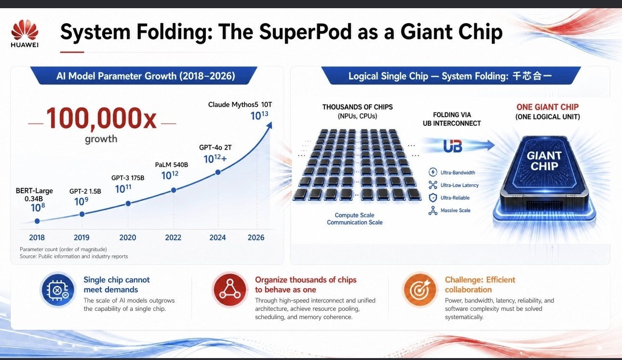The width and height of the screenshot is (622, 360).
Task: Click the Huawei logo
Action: click(25, 33)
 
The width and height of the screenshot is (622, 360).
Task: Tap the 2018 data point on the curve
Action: click(37, 221)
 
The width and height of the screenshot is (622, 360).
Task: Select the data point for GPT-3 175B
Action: click(128, 203)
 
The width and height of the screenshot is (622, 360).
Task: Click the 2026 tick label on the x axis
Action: click(256, 237)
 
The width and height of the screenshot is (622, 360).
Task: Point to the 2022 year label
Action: click(173, 237)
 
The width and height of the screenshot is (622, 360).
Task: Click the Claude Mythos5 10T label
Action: click(240, 105)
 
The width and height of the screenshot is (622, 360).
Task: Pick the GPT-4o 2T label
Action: click(215, 147)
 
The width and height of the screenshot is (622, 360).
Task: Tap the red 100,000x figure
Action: click(101, 119)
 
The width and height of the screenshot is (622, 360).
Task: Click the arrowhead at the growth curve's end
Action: click(270, 125)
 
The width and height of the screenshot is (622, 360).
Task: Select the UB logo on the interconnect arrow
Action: click(453, 146)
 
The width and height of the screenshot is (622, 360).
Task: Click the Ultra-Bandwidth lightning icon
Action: click(433, 172)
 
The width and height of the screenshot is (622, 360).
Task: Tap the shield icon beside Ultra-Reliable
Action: click(433, 198)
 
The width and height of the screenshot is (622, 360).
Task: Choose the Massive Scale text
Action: click(455, 211)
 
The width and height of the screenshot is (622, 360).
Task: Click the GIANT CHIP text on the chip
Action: click(544, 160)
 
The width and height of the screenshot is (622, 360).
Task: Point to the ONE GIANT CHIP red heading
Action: click(548, 107)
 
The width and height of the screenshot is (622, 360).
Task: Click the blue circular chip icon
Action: click(58, 290)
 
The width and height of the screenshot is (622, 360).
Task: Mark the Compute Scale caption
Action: click(354, 215)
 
